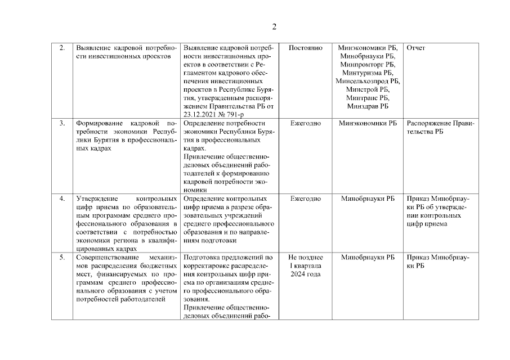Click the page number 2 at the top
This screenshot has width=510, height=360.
pos(274,26)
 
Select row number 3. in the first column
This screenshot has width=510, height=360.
pos(62,123)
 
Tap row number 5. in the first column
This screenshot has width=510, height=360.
pos(62,257)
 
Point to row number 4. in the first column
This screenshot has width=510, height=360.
pos(62,199)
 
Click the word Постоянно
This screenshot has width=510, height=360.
pos(305,48)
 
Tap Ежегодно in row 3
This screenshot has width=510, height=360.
pos(305,123)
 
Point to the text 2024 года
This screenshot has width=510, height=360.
pos(305,274)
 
